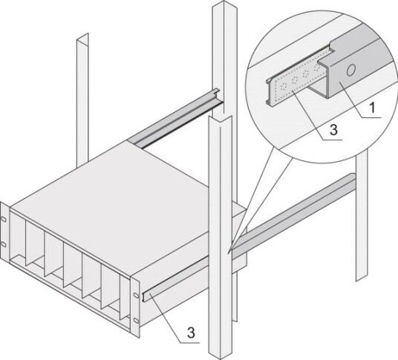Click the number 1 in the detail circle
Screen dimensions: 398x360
point(372,108)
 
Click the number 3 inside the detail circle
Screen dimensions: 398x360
point(333,129)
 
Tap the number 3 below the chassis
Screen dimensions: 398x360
point(191,333)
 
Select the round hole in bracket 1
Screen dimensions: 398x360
point(350,71)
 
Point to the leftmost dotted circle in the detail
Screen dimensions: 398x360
point(284,87)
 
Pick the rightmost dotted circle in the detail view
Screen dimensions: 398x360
point(317,68)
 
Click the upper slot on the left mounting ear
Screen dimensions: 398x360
point(4,219)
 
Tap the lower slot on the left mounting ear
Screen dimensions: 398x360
point(4,244)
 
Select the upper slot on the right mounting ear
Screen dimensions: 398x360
point(136,295)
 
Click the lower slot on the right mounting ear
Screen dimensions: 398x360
point(137,321)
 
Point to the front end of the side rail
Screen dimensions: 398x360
point(143,297)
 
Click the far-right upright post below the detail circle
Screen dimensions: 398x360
point(362,216)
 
